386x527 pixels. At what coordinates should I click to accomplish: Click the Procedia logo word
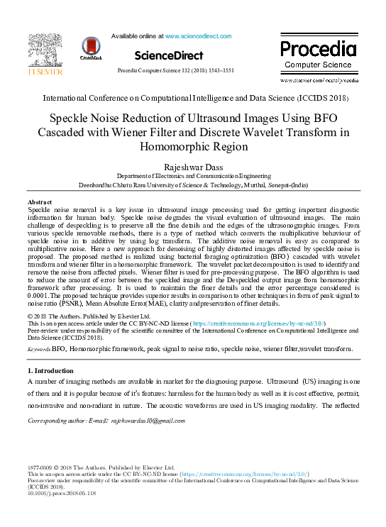tap(318, 50)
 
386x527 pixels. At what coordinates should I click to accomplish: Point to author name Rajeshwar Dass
tap(193, 167)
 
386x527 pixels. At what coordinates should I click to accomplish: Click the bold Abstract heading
tap(42, 203)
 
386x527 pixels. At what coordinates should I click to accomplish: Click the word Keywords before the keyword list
tap(38, 350)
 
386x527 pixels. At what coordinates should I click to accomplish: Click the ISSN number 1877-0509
tap(41, 468)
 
